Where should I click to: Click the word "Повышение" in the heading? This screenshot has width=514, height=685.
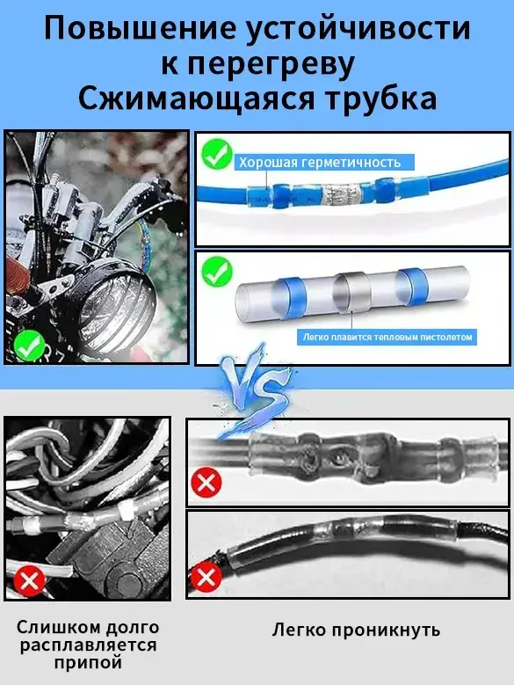point(140,29)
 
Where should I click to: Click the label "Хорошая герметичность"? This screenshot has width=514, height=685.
point(320,163)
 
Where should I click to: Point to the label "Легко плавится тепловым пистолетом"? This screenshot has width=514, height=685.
point(387,338)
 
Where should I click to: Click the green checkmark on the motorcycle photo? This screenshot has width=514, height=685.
point(30,345)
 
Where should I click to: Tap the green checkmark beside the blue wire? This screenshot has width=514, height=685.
point(217,154)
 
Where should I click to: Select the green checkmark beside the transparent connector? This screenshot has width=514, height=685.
point(217,272)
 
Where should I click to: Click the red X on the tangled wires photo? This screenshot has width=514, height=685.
point(30,581)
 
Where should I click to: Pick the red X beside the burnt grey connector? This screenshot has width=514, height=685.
point(206,482)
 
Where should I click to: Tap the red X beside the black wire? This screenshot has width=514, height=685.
point(206,578)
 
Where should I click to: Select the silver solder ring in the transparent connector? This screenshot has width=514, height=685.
point(351,292)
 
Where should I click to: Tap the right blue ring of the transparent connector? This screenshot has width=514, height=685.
point(412,286)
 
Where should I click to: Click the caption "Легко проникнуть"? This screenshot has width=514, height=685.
point(357,630)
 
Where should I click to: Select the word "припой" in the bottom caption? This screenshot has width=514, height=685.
point(88,663)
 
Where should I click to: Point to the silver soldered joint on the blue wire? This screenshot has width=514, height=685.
point(341,193)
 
